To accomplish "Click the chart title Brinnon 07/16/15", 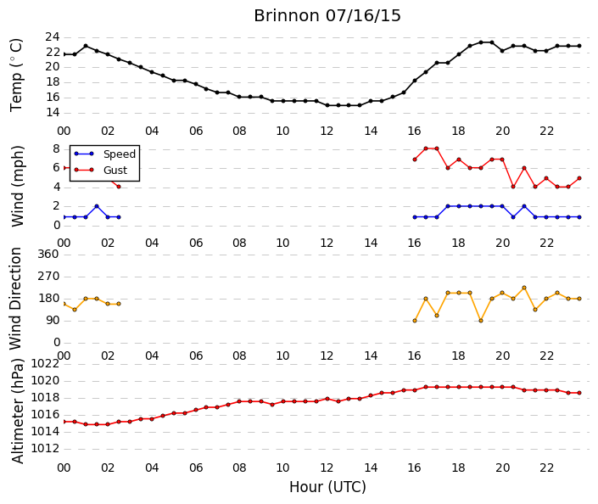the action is pos(327,16).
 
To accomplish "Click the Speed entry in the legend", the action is pos(120,154).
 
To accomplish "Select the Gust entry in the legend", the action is pos(115,171).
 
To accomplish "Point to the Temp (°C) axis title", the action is pos(16,76).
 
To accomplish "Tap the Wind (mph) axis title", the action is pos(18,186).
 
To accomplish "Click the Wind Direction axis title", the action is pos(15,299).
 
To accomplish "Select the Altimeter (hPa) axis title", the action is pos(18,411).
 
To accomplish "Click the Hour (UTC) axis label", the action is pos(327,487).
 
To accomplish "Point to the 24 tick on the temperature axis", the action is pos(53,37).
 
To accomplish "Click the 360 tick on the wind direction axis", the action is pos(48,254).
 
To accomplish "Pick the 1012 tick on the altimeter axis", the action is pos(46,448).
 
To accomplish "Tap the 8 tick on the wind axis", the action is pos(57,148).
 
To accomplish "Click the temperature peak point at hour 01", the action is pos(86,46).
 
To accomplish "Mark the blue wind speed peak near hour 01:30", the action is pos(97,206).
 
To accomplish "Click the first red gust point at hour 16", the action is pos(415,160).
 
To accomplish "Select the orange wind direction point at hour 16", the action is pos(415,321).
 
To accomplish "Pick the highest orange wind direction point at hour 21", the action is pos(524,288).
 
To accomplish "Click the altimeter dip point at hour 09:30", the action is pos(272,405).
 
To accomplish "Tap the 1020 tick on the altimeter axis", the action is pos(46,381).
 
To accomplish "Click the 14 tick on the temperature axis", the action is pos(53,113).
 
